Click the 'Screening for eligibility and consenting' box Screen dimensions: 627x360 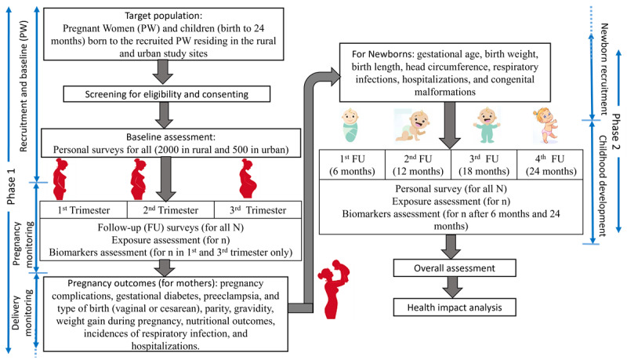pyautogui.click(x=167, y=94)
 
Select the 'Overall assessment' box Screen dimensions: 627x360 pyautogui.click(x=455, y=268)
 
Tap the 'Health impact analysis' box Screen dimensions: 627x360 pyautogui.click(x=455, y=307)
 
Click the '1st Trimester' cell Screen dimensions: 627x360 pyautogui.click(x=84, y=209)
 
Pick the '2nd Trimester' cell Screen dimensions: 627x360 pyautogui.click(x=171, y=209)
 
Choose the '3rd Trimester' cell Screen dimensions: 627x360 pyautogui.click(x=259, y=209)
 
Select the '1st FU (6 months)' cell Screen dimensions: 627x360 pyautogui.click(x=352, y=165)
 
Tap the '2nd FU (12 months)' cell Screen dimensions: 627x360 pyautogui.click(x=419, y=165)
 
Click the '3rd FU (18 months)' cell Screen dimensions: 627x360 pyautogui.click(x=484, y=165)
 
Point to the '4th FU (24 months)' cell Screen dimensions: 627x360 pyautogui.click(x=550, y=165)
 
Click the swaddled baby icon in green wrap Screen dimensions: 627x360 pyautogui.click(x=350, y=125)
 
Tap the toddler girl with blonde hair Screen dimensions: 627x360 pyautogui.click(x=545, y=125)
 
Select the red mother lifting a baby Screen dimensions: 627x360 pyautogui.click(x=334, y=289)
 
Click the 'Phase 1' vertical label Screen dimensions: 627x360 pyautogui.click(x=11, y=187)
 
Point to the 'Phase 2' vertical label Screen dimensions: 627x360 pyautogui.click(x=615, y=132)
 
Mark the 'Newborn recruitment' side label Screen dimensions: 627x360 pyautogui.click(x=604, y=69)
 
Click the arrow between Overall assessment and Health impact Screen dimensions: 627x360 pyautogui.click(x=452, y=287)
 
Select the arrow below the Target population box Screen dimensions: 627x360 pyautogui.click(x=163, y=72)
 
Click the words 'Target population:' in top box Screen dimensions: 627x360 pyautogui.click(x=164, y=16)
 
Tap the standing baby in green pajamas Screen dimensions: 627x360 pyautogui.click(x=487, y=125)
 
